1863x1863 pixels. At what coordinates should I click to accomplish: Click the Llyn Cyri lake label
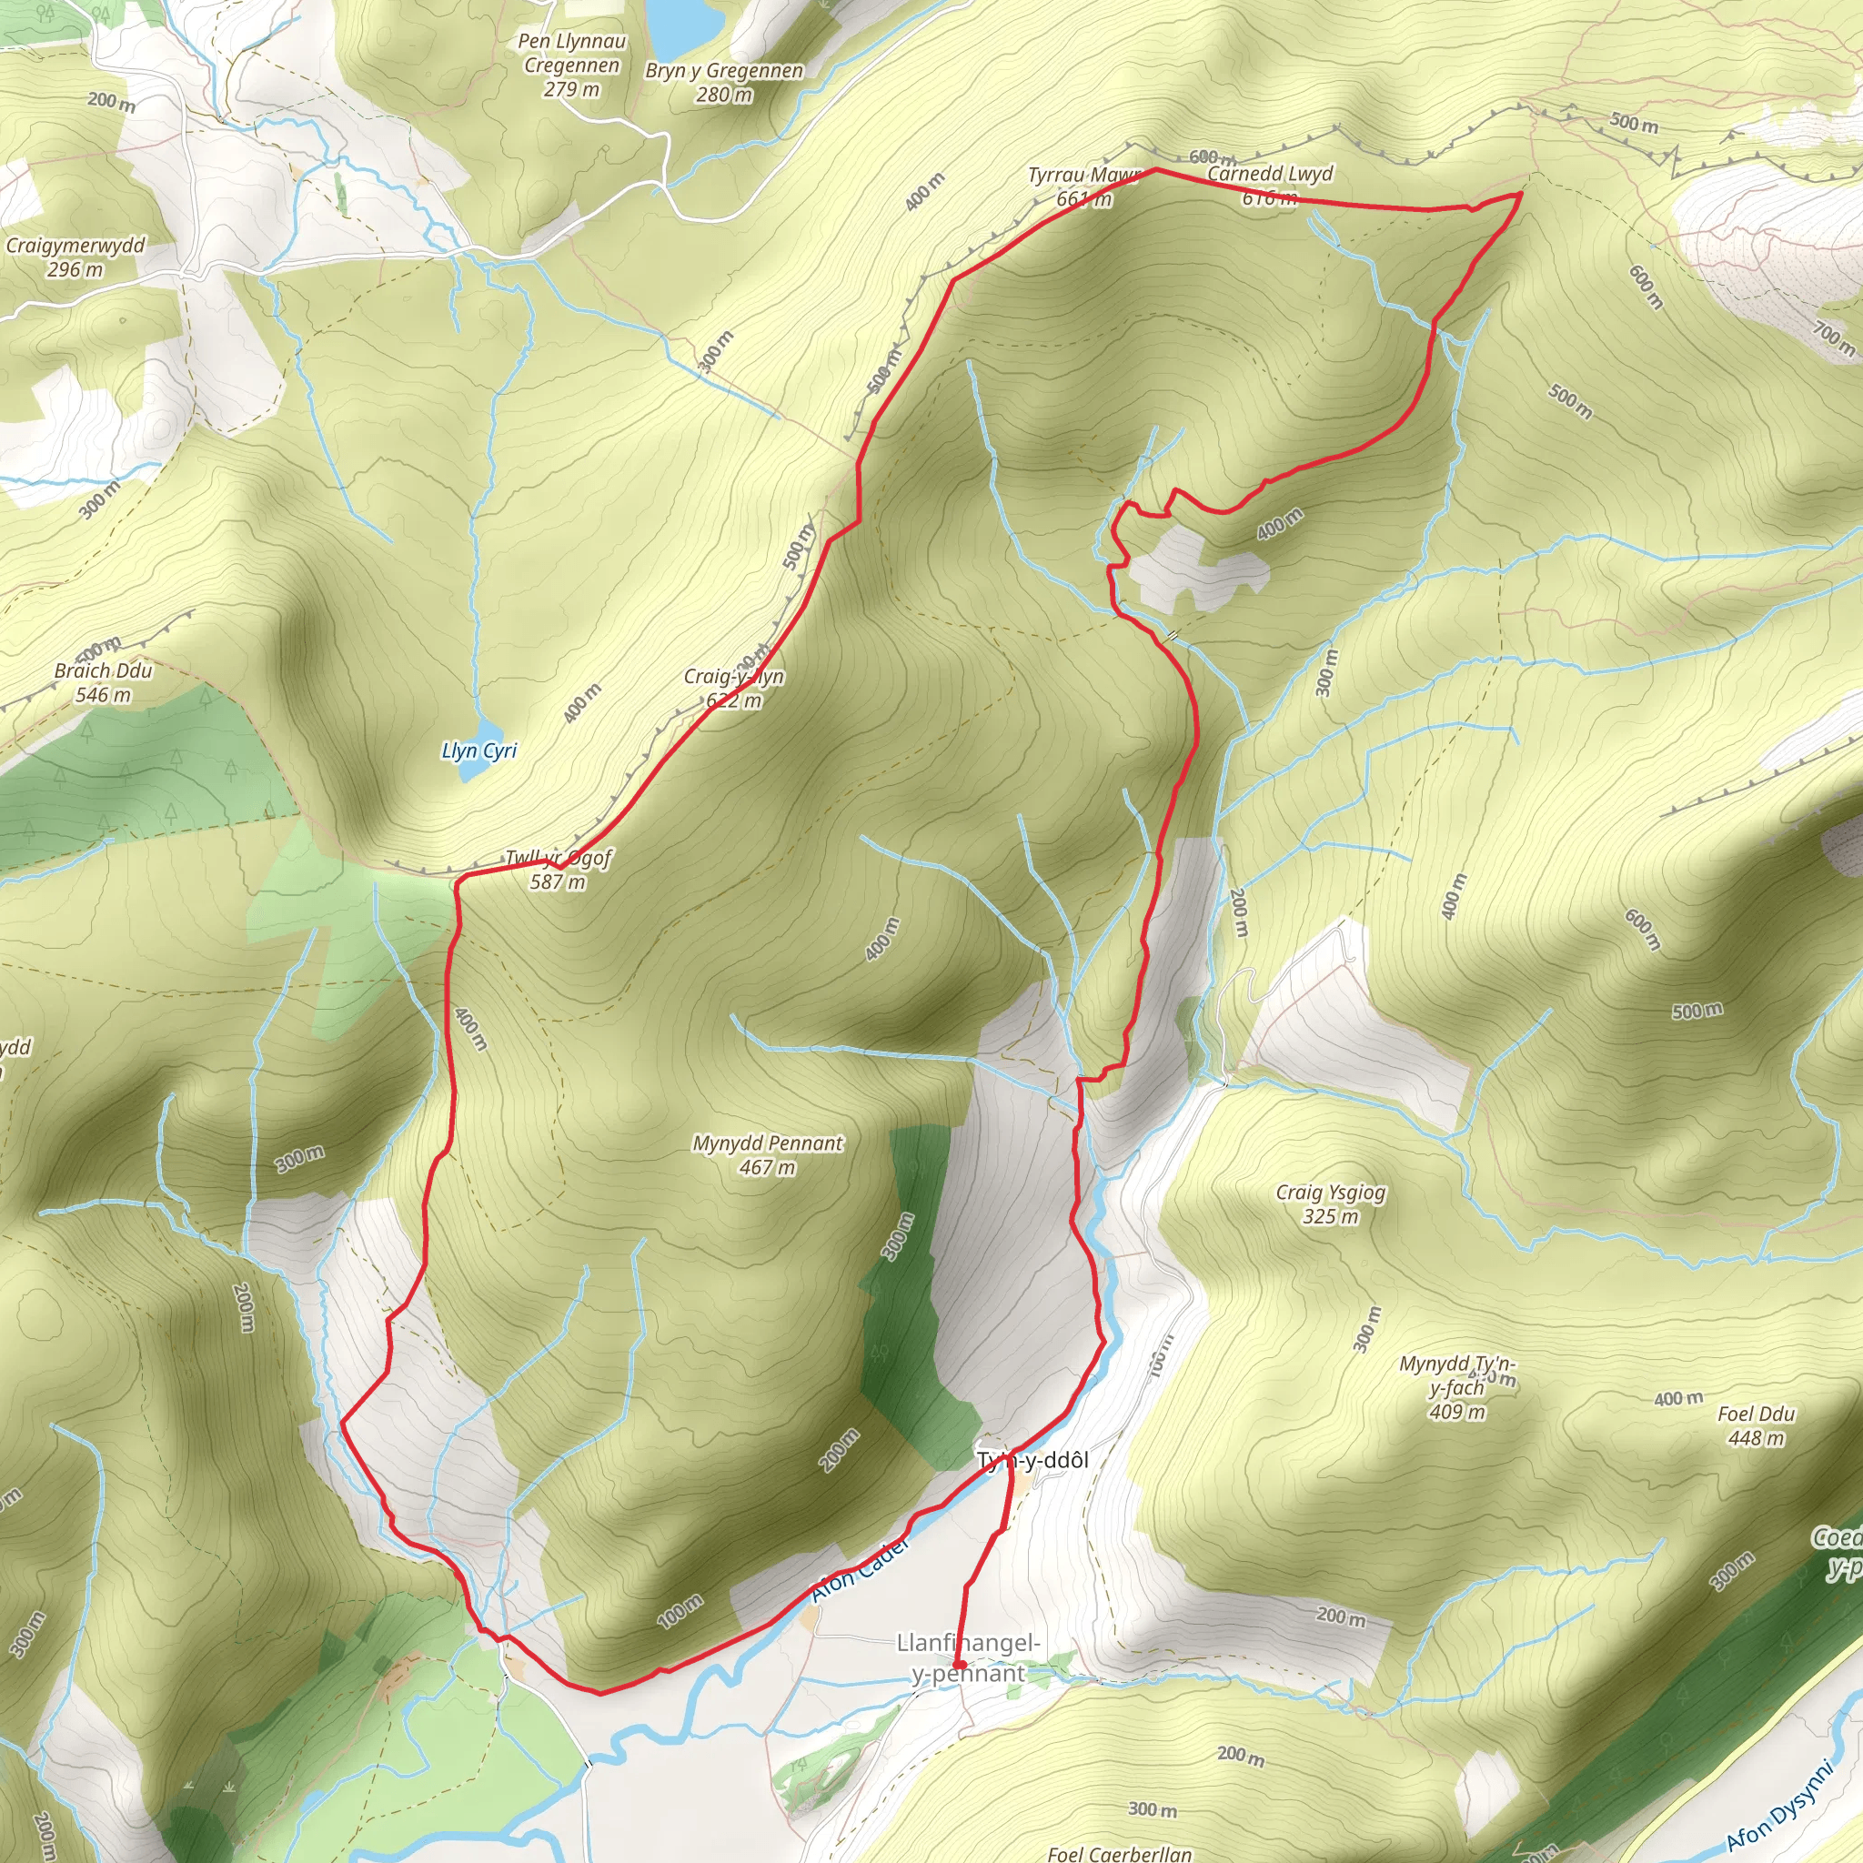tap(478, 750)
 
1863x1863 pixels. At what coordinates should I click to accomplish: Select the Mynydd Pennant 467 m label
tap(768, 1155)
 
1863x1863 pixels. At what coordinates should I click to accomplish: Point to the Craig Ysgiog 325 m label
tap(1331, 1204)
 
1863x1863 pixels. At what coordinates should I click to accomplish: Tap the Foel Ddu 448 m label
tap(1756, 1426)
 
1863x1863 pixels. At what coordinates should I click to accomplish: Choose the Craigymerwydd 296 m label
tap(76, 257)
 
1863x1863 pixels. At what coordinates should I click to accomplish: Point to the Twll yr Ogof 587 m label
tap(559, 870)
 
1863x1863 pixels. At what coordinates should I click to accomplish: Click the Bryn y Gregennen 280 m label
tap(724, 83)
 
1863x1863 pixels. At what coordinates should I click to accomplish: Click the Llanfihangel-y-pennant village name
tap(968, 1657)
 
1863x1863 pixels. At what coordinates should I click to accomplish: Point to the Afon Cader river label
tap(861, 1571)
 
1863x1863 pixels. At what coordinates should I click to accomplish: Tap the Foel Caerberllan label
tap(1120, 1852)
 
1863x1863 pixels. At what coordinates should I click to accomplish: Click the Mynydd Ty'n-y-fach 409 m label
tap(1457, 1388)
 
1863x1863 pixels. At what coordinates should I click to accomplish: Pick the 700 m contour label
tap(1833, 338)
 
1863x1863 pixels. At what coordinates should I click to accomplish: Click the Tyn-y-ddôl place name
tap(1032, 1460)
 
